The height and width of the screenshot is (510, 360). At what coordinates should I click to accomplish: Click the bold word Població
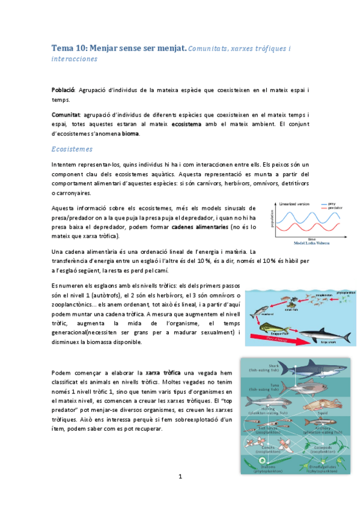click(x=63, y=90)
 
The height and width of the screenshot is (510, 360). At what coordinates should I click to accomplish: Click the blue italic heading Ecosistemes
click(x=72, y=149)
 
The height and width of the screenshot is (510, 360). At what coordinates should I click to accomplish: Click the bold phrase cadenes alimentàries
click(x=193, y=227)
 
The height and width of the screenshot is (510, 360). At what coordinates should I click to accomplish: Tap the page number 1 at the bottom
click(x=180, y=477)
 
